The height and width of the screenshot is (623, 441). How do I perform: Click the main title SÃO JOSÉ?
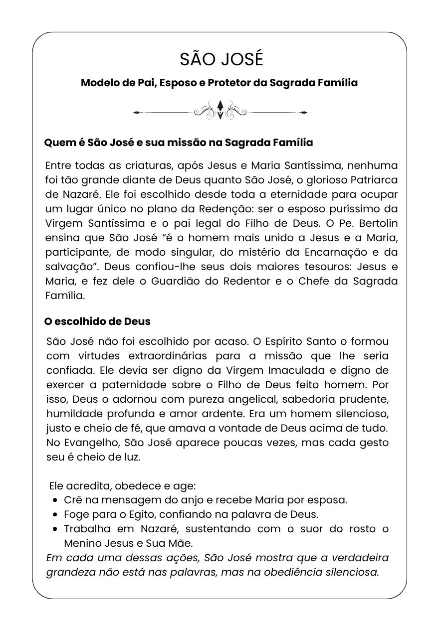click(220, 59)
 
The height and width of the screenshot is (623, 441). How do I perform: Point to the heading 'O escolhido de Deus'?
click(97, 321)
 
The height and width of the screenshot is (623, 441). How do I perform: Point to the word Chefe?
click(314, 281)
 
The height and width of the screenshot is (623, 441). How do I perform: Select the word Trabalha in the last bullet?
click(83, 528)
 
